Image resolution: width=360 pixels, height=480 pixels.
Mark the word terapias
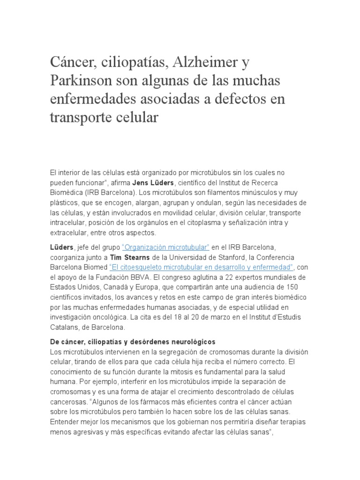[x=292, y=422]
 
